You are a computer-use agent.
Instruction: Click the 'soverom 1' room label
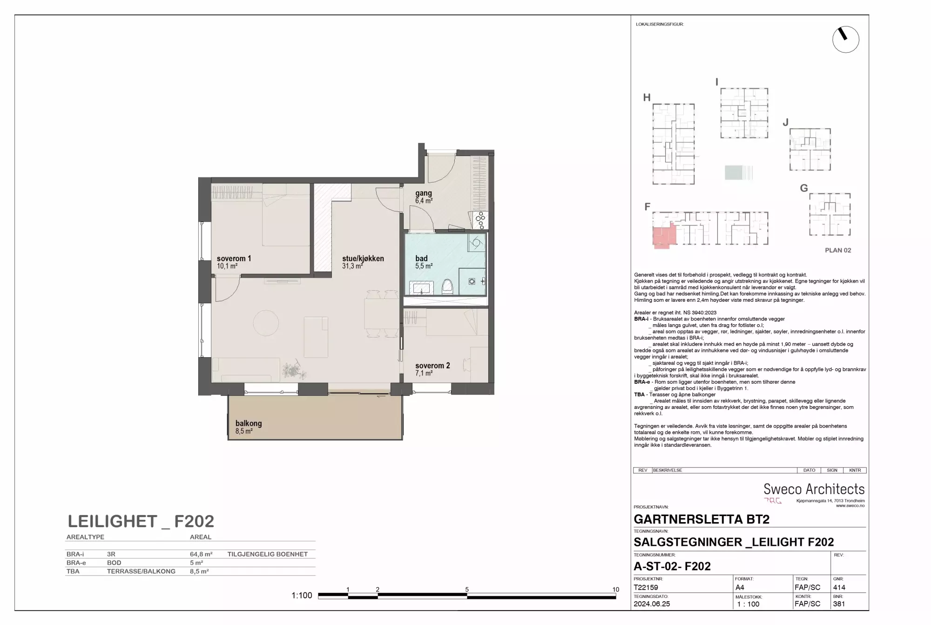point(234,258)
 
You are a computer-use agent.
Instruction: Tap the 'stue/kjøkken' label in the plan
point(363,258)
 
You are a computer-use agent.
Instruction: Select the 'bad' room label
point(421,258)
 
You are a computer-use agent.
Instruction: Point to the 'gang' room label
point(424,193)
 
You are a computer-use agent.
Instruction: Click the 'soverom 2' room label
point(432,366)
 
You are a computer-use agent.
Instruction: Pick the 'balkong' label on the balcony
point(249,423)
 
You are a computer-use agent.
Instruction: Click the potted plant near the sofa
point(293,369)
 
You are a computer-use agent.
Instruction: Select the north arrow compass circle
point(845,40)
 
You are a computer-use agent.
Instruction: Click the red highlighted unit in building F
point(663,237)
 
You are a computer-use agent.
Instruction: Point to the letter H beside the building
point(647,97)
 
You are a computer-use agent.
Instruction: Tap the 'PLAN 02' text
point(838,250)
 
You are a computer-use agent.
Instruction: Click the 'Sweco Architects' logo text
point(814,489)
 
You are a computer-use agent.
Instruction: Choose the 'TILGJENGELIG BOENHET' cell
point(268,554)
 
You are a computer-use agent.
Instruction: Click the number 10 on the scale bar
point(615,590)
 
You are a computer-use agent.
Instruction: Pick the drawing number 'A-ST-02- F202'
point(672,566)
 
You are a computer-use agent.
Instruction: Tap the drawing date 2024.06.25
point(652,604)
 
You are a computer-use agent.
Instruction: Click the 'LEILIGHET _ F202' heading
point(141,521)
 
